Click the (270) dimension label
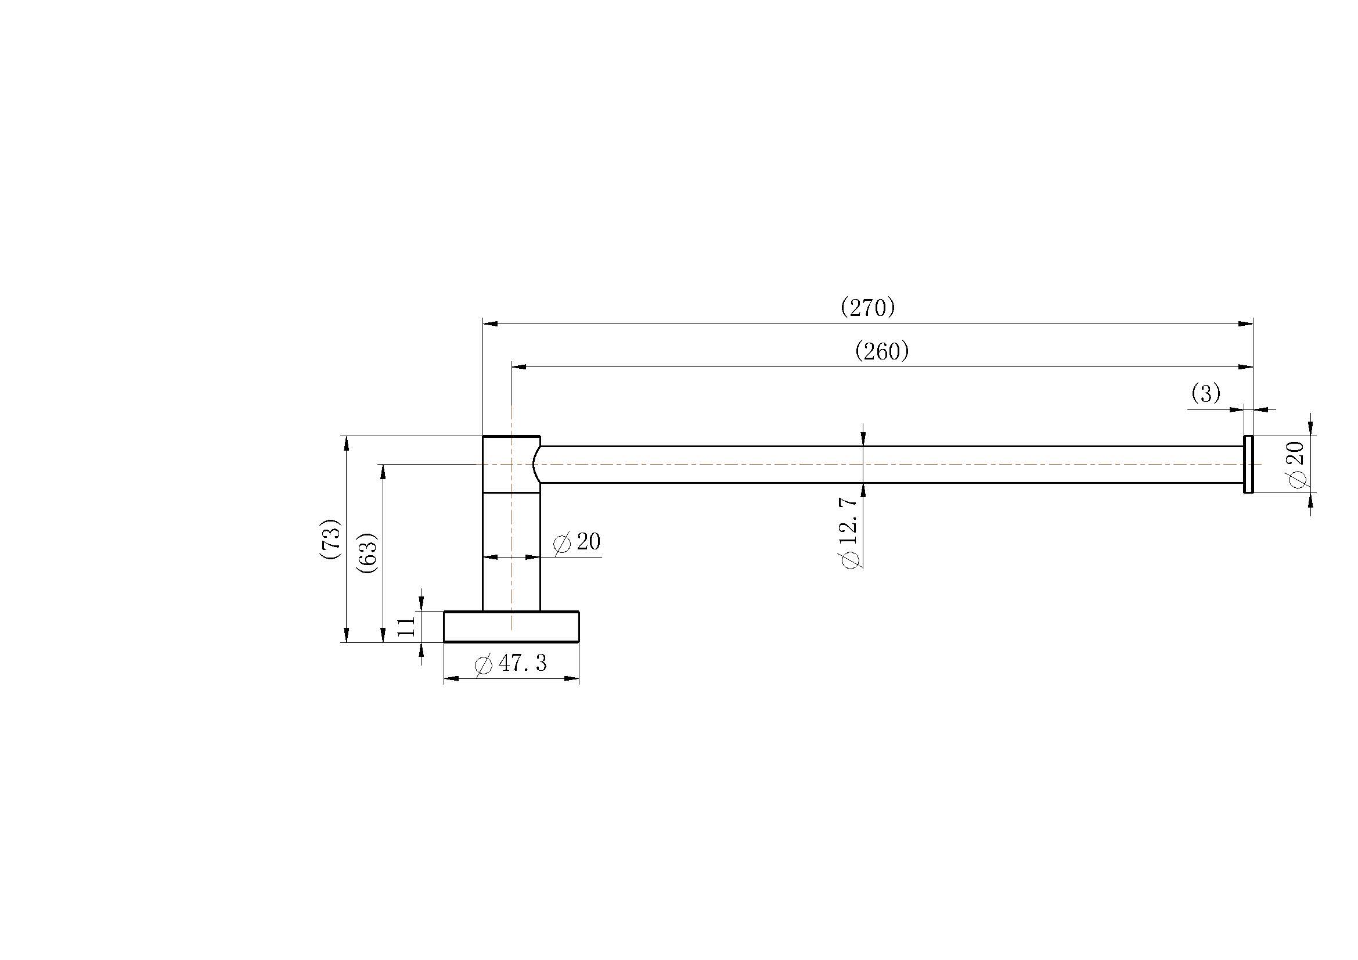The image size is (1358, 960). [x=867, y=308]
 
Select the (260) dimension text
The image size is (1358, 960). [x=882, y=351]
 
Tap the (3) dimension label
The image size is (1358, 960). [x=1206, y=393]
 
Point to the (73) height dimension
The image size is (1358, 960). [x=330, y=539]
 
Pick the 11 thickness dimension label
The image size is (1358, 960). [x=407, y=627]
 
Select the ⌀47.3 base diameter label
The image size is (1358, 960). [x=510, y=664]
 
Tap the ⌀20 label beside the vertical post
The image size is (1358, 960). [x=577, y=542]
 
